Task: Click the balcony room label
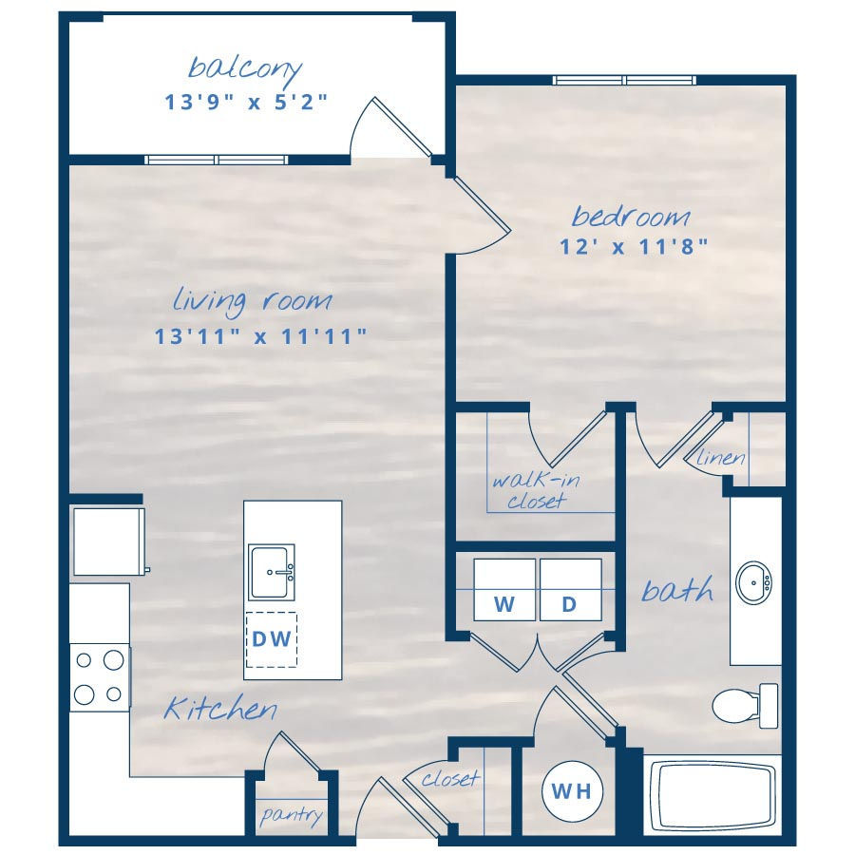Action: [x=245, y=68]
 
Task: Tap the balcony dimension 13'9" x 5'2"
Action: [x=246, y=102]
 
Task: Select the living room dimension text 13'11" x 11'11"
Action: [x=260, y=336]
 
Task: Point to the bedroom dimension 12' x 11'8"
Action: [x=634, y=246]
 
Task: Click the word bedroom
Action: [x=631, y=216]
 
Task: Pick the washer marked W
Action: [x=504, y=589]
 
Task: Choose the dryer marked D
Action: [x=571, y=589]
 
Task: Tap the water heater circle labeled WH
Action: [x=572, y=791]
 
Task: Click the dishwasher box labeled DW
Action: [x=272, y=639]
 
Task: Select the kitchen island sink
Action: [x=272, y=572]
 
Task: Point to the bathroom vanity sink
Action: [x=753, y=582]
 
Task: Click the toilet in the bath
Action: [x=746, y=706]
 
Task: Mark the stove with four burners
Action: [x=100, y=677]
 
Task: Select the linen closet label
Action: [x=720, y=457]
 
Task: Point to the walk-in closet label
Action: [x=536, y=490]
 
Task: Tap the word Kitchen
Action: [x=220, y=709]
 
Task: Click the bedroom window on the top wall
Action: [x=624, y=80]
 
